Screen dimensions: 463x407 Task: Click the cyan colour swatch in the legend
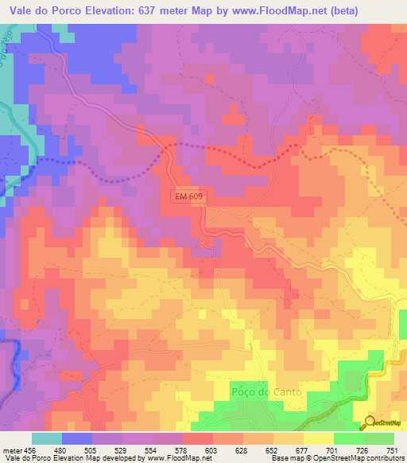point(47,438)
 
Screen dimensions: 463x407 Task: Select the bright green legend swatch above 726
point(349,438)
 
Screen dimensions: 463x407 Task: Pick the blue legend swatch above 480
point(77,438)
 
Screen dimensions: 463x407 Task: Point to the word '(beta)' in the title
point(335,10)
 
